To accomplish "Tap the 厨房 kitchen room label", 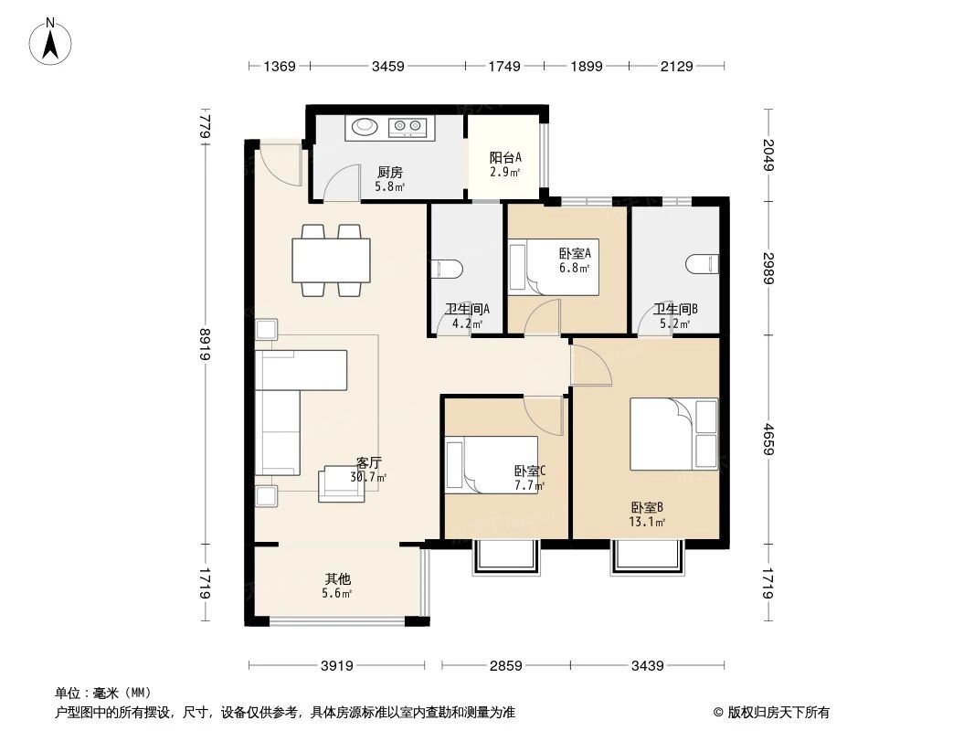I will (390, 172).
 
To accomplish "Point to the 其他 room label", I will (337, 579).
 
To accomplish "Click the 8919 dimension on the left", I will (207, 344).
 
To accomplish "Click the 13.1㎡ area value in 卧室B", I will (647, 523).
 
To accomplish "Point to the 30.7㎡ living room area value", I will (368, 477).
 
